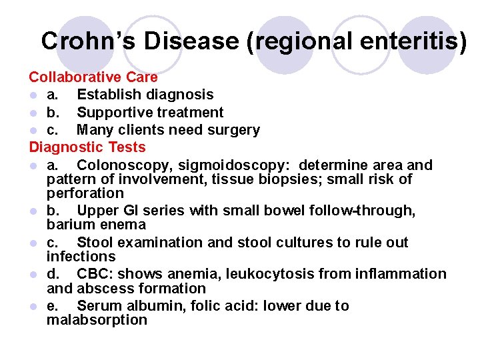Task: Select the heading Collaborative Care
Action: (x=93, y=77)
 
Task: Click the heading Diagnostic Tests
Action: (x=87, y=147)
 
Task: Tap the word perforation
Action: (x=85, y=193)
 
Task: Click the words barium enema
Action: (x=96, y=225)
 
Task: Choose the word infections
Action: (x=81, y=256)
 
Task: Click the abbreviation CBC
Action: (x=95, y=274)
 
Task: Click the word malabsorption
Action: (x=97, y=320)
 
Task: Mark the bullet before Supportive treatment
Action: (x=33, y=113)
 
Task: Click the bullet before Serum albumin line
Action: (x=33, y=307)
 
